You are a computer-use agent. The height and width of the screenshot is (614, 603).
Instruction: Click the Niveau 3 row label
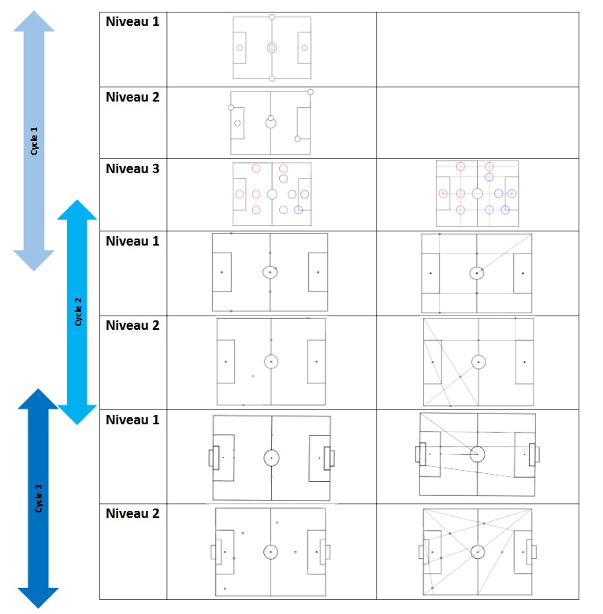pos(132,168)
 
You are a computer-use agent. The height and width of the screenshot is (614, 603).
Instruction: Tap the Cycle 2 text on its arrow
pos(77,312)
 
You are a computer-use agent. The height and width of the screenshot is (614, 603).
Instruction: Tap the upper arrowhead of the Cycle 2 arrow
pos(77,209)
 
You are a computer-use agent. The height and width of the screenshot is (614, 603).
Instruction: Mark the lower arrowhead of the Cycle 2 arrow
pos(77,414)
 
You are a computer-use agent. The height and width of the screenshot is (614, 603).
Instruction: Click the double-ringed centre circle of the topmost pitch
pos(272,47)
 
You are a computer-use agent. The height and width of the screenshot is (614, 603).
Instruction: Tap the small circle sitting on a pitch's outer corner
pos(311,92)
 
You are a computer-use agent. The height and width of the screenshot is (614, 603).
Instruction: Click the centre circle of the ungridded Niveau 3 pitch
pos(272,194)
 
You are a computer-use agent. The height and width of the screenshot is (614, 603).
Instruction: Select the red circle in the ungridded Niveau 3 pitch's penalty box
pos(240,194)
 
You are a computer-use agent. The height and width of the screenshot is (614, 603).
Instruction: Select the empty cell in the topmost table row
pos(477,49)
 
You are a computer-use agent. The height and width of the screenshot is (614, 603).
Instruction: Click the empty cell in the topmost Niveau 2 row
pos(477,123)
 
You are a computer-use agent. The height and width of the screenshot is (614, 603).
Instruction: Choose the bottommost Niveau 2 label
pos(132,513)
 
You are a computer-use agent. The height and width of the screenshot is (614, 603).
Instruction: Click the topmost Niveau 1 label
pos(132,21)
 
